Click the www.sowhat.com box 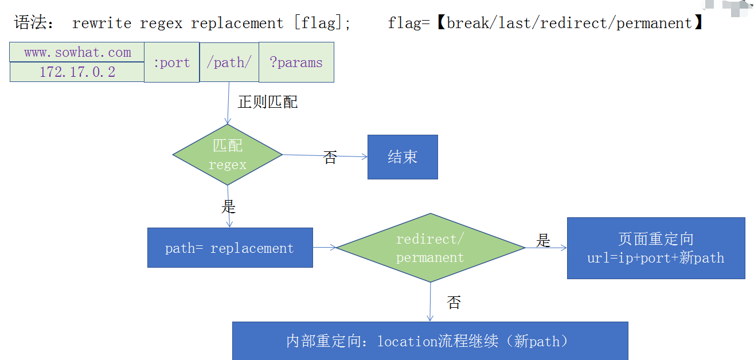click(x=77, y=53)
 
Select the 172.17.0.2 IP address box click(x=77, y=72)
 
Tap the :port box click(x=171, y=62)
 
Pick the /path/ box click(x=229, y=62)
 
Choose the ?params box click(x=296, y=62)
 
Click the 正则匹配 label click(x=268, y=102)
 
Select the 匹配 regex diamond click(x=228, y=155)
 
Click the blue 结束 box click(x=403, y=157)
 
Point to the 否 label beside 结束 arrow click(x=330, y=158)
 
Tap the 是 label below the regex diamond click(x=229, y=206)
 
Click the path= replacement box click(x=230, y=248)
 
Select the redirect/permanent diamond click(x=430, y=248)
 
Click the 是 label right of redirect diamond click(x=543, y=240)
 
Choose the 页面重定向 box click(x=656, y=248)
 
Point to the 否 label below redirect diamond click(x=454, y=303)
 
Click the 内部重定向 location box click(x=429, y=341)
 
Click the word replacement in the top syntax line click(x=237, y=24)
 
